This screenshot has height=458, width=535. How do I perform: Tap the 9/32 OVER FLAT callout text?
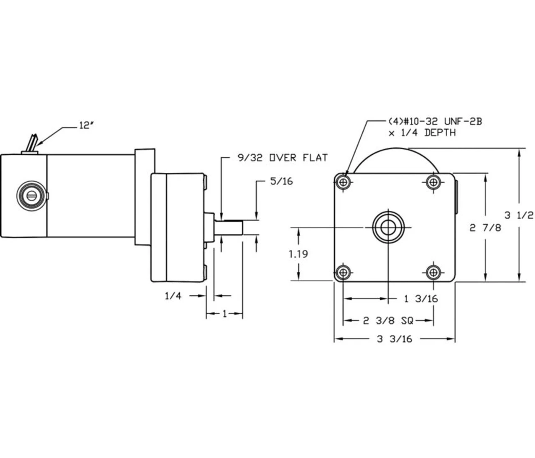[x=280, y=158]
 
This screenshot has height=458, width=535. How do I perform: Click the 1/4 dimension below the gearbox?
[x=173, y=296]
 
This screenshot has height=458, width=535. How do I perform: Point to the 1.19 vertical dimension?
[x=298, y=254]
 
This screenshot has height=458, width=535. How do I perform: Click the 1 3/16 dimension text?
[x=421, y=299]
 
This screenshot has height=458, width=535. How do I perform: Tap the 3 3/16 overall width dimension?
[x=394, y=339]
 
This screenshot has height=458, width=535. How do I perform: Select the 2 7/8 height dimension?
[x=485, y=228]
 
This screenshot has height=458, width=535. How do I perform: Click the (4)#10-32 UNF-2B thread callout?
[x=433, y=122]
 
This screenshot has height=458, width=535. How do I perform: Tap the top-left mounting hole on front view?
[x=344, y=182]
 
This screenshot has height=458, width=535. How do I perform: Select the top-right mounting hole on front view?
[x=433, y=182]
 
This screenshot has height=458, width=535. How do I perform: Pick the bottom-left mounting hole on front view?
[x=344, y=273]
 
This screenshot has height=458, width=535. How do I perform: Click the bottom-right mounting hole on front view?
[x=433, y=273]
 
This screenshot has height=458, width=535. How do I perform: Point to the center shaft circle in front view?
[x=388, y=227]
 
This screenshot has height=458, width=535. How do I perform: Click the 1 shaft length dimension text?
[x=224, y=314]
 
